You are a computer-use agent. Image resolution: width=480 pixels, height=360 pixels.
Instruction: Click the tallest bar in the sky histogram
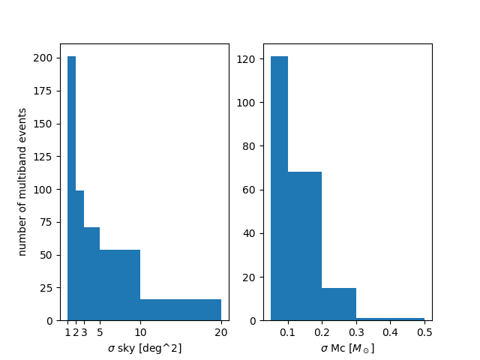point(71,187)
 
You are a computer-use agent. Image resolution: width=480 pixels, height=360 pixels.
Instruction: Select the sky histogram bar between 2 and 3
point(79,255)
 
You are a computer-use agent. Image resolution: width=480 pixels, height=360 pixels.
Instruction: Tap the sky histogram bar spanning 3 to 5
point(91,274)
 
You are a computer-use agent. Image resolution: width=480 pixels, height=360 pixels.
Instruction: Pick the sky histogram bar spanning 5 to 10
point(120,285)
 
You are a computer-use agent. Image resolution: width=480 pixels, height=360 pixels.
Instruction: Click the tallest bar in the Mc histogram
point(279,187)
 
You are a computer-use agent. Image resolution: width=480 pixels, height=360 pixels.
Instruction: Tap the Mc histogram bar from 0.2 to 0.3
point(339,304)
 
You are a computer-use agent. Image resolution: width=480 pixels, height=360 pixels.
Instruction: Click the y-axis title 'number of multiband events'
point(22,182)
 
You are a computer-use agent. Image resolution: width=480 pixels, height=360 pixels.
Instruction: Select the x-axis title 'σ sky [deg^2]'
point(145,348)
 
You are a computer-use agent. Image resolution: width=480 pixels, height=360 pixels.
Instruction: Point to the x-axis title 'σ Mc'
point(347,348)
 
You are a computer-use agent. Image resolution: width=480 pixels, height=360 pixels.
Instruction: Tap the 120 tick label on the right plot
point(255,58)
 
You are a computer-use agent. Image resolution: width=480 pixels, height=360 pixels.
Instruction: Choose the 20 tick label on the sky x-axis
point(220,331)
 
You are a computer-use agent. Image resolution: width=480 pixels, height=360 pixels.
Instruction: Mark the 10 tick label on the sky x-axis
point(140,331)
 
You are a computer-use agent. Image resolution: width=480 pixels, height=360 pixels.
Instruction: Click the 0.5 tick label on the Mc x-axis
point(424,331)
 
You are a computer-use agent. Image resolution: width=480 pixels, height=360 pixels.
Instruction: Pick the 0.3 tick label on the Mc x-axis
point(356,331)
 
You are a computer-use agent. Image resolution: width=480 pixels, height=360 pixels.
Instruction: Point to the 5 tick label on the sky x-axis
point(100,331)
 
